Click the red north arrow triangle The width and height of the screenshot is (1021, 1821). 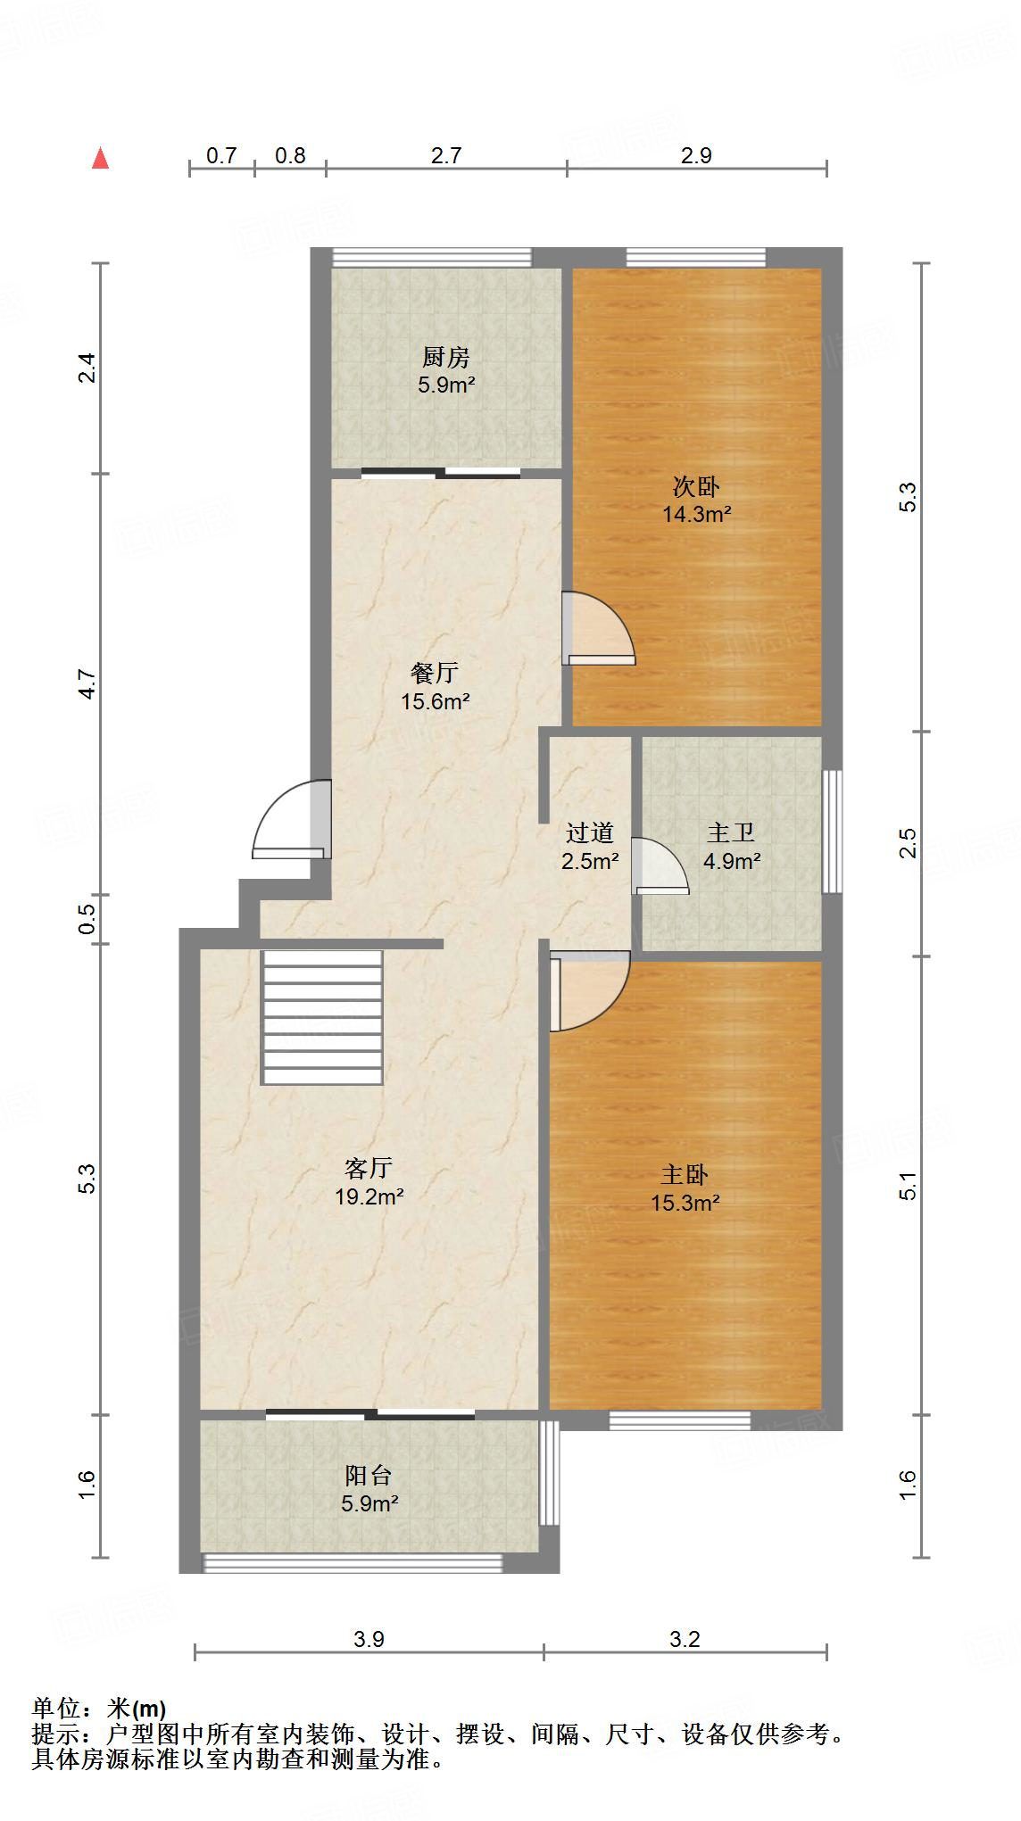(101, 159)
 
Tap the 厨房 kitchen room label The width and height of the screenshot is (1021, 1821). (445, 358)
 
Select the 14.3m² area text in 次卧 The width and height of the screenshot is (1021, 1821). (696, 514)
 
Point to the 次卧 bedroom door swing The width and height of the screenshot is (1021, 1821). (600, 630)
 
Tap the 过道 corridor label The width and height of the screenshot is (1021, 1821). (590, 833)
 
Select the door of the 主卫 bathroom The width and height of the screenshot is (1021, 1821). (659, 866)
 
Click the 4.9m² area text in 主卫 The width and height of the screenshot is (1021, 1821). (732, 862)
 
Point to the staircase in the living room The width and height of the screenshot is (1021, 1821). (322, 1017)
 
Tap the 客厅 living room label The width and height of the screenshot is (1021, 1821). (369, 1168)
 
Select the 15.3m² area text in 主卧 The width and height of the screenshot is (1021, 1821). (685, 1203)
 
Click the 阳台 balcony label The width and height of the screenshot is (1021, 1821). (369, 1475)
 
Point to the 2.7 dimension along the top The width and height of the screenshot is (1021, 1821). (446, 156)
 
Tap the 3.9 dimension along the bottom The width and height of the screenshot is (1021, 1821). (369, 1638)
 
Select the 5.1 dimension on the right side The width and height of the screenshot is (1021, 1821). (908, 1187)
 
